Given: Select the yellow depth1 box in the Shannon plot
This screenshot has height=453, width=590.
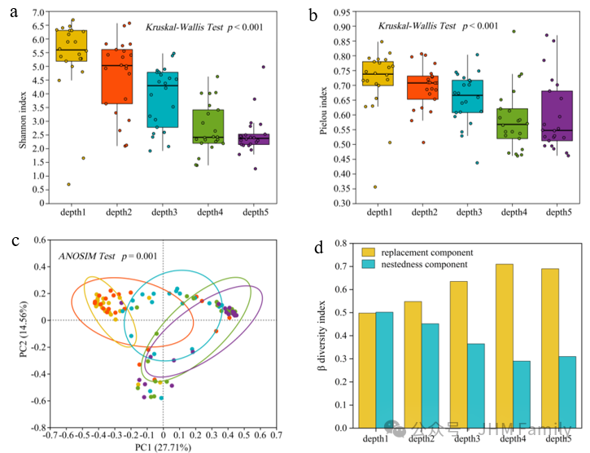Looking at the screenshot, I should (x=72, y=46).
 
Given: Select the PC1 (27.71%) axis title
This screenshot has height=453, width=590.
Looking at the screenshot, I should (x=164, y=447).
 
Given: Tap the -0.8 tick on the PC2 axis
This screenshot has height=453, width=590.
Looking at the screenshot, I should (x=37, y=427).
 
